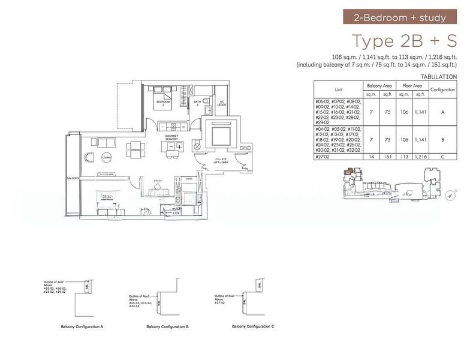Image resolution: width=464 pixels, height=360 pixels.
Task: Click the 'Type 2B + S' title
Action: click(404, 41)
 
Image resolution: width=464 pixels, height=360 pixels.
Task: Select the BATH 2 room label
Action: click(197, 103)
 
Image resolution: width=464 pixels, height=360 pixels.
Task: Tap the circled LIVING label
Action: click(107, 157)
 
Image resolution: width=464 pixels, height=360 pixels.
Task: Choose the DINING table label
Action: click(136, 150)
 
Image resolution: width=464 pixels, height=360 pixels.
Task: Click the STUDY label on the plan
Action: click(158, 180)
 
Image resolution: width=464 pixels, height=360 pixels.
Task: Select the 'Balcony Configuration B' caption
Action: click(168, 327)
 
